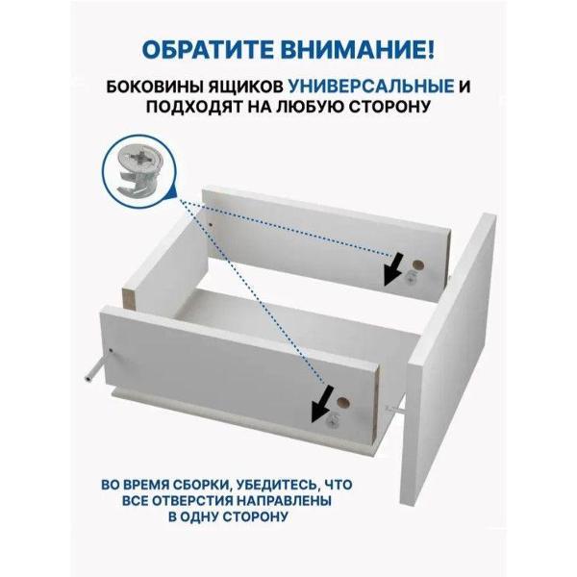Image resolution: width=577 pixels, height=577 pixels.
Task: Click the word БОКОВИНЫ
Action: (154, 87)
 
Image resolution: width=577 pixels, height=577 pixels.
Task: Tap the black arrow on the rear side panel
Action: (393, 269)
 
